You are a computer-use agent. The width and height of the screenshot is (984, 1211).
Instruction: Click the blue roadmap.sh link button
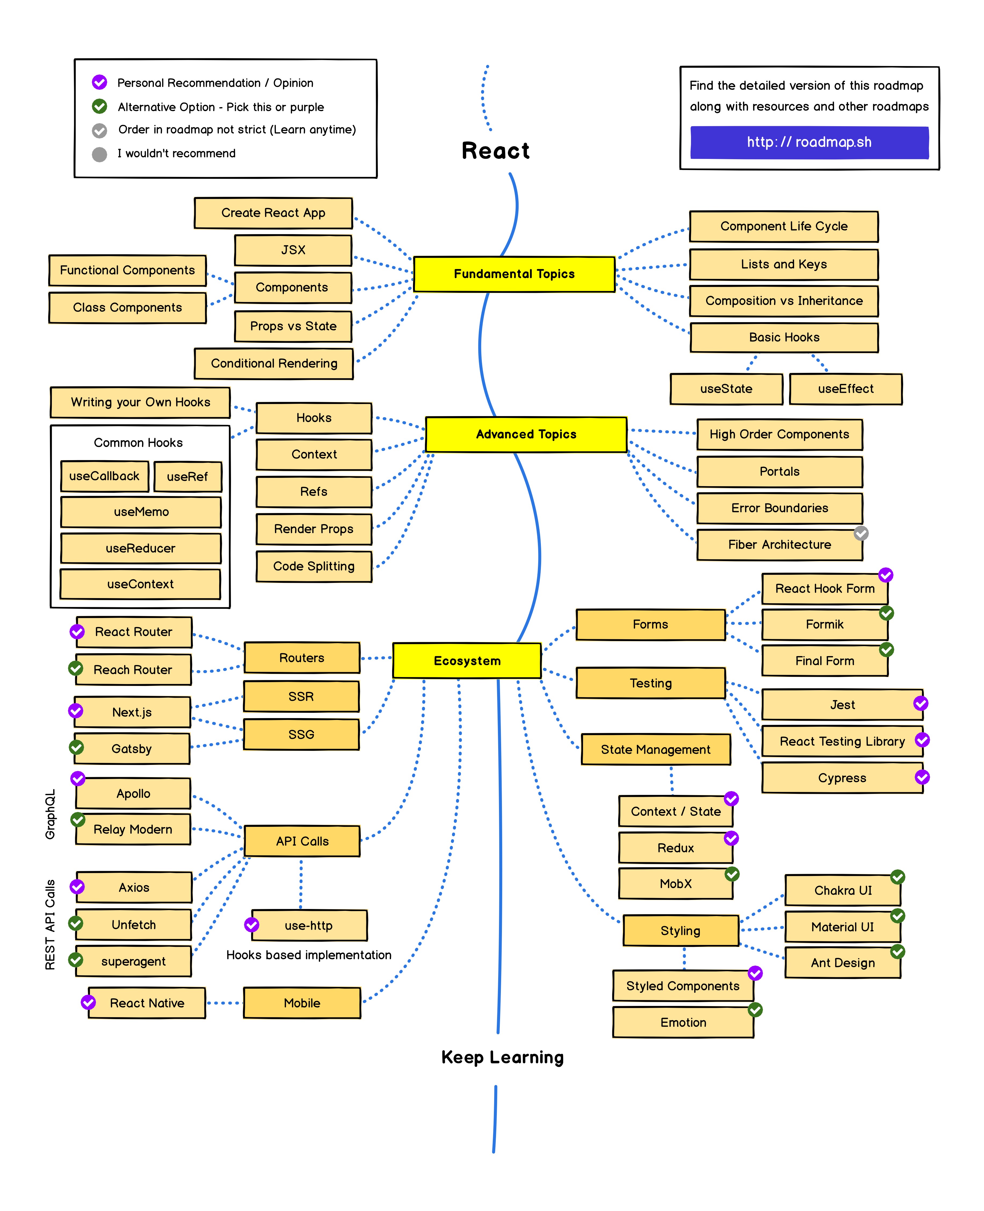(x=809, y=142)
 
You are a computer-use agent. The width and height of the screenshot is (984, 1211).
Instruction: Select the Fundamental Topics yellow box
(x=514, y=274)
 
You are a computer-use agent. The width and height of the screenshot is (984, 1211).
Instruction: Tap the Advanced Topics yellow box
(x=526, y=435)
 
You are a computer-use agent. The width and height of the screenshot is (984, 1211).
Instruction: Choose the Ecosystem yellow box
(x=467, y=661)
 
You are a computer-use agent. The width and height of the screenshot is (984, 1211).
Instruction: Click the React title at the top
(x=495, y=151)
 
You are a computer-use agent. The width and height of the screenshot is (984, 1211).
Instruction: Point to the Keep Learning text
(x=502, y=1057)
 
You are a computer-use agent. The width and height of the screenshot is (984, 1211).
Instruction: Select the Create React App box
(x=273, y=213)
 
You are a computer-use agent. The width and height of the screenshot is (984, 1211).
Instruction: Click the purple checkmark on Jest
(x=921, y=703)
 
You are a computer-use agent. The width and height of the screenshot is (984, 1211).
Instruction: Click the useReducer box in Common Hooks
(x=140, y=548)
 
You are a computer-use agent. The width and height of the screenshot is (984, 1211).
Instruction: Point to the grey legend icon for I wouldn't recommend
(x=100, y=154)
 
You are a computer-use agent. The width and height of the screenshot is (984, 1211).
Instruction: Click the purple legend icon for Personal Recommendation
(x=100, y=82)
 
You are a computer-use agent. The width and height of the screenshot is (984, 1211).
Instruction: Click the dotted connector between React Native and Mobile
(x=225, y=1003)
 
